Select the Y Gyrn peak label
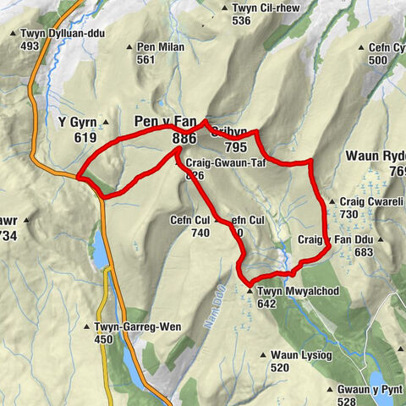74,122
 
